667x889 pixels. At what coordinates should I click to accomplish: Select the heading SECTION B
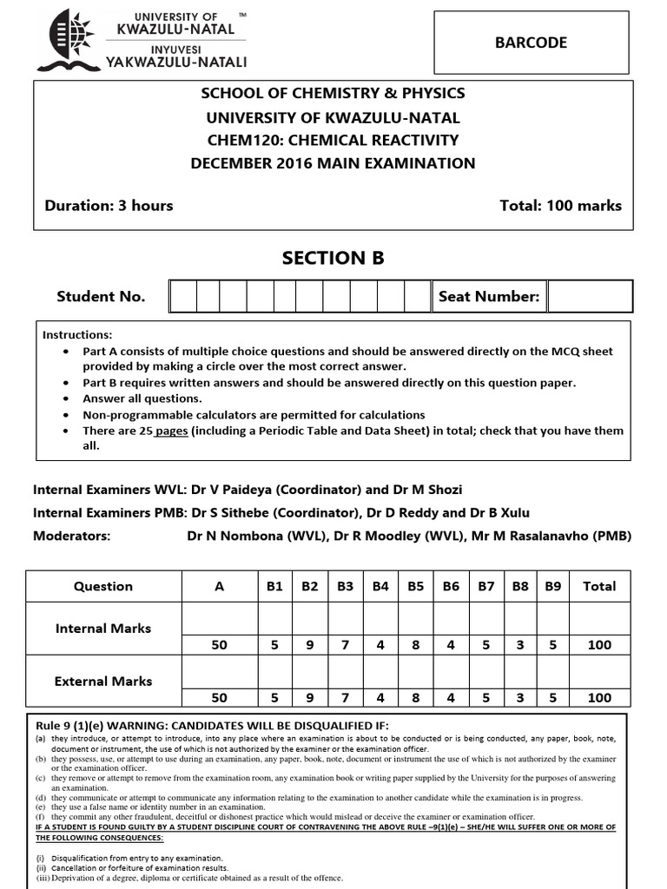click(333, 258)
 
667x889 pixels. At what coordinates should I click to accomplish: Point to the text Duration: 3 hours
click(109, 206)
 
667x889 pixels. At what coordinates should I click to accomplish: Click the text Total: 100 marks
click(560, 206)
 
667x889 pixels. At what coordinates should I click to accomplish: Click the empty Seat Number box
click(591, 297)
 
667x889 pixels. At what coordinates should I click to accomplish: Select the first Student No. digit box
click(182, 297)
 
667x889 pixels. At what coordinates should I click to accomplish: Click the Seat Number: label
click(489, 297)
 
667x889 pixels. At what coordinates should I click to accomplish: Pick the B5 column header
click(415, 586)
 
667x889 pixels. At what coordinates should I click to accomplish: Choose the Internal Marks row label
click(103, 628)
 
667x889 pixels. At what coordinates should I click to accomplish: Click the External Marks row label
click(103, 682)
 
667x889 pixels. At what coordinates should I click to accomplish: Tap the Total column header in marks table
click(599, 586)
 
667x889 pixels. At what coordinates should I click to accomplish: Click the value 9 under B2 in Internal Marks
click(310, 645)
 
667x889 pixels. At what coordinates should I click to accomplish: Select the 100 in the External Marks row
click(599, 698)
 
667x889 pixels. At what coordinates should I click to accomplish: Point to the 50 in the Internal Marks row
click(219, 645)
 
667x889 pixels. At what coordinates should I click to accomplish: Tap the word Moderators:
click(72, 536)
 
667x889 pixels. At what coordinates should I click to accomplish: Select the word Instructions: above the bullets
click(77, 334)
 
